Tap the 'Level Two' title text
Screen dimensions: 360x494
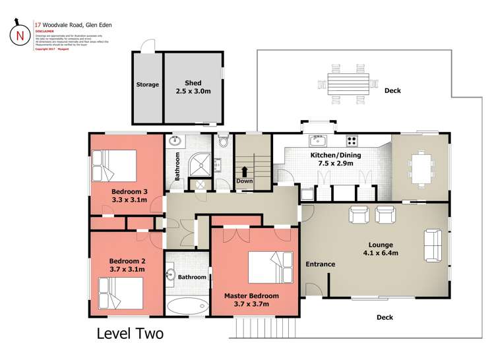click(130, 334)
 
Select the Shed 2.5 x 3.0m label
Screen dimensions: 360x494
click(193, 87)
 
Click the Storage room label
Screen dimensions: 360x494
click(147, 84)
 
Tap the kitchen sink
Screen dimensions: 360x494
click(317, 140)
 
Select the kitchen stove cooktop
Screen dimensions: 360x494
click(352, 140)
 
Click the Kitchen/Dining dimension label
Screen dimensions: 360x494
click(336, 160)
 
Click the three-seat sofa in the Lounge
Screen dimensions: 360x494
click(433, 245)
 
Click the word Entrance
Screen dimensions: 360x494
click(320, 264)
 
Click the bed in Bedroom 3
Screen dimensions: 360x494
click(114, 165)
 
